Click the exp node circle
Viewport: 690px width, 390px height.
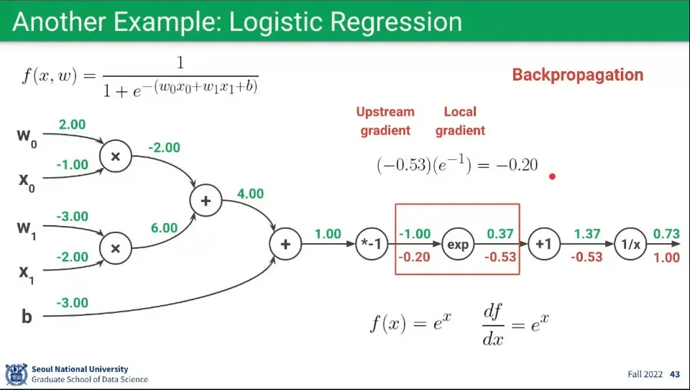(458, 245)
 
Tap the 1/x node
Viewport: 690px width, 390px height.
(630, 245)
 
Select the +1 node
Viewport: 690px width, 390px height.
(543, 245)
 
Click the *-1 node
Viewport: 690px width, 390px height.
(372, 245)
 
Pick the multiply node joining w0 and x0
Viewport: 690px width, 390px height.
(115, 155)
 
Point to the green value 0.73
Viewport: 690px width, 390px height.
(666, 234)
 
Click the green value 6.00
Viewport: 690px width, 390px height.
(164, 228)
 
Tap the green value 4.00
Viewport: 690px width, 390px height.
(250, 194)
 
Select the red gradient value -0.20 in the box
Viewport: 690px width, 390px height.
(415, 257)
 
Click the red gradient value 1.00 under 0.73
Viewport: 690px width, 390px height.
(666, 257)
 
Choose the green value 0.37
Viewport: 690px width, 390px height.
(501, 234)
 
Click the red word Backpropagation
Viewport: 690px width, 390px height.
(577, 75)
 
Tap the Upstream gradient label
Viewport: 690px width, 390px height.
(385, 121)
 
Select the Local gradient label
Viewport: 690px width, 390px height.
(460, 121)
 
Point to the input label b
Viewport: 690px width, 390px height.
(27, 316)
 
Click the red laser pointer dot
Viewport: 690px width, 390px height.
(552, 176)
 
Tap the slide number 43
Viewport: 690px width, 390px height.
(674, 374)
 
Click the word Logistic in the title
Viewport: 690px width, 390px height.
(275, 22)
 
